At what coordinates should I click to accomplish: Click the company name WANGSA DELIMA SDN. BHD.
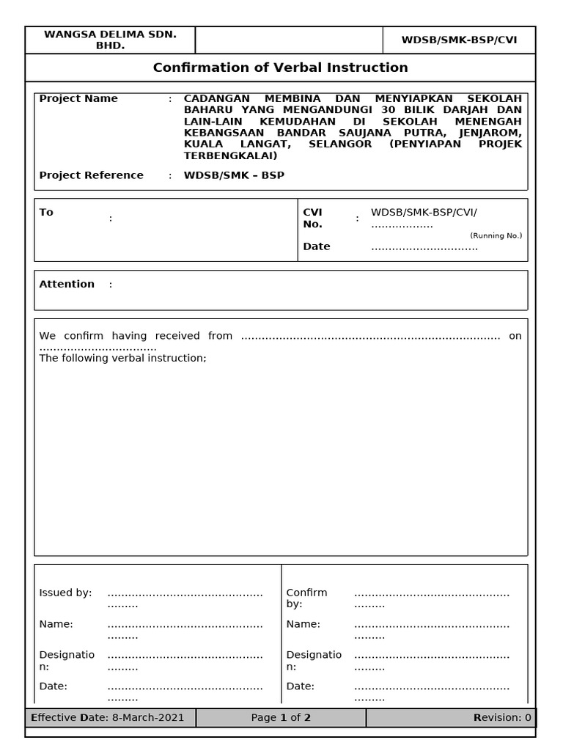coord(110,40)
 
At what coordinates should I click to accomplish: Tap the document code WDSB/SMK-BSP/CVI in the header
coord(459,40)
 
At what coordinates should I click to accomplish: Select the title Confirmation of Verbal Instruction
coord(280,67)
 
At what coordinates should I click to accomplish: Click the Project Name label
coord(78,98)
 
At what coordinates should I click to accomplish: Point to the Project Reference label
coord(91,175)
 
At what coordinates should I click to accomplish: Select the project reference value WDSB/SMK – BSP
coord(234,175)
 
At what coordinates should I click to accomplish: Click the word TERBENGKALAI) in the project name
coord(230,155)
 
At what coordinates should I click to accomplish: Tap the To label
coord(46,212)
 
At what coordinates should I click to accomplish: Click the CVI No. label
coord(313,218)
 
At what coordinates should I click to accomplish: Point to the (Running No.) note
coord(496,235)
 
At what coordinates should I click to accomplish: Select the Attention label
coord(67,284)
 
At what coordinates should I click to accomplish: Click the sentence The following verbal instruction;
coord(122,358)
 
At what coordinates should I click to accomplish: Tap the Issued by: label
coord(65,593)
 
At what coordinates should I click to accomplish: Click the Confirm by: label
coord(306,598)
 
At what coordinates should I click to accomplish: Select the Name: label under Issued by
coord(56,624)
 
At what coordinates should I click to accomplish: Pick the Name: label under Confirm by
coord(303,624)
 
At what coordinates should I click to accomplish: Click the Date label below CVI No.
coord(317,246)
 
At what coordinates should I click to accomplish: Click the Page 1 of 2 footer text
coord(281,717)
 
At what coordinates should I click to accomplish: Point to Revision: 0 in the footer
coord(502,717)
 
